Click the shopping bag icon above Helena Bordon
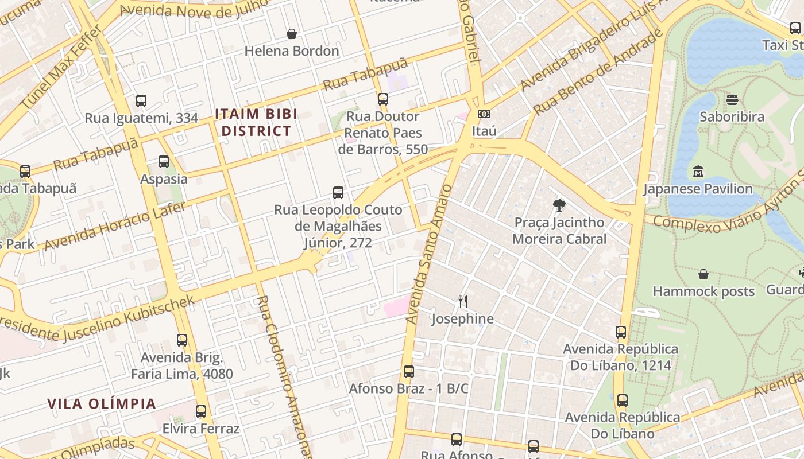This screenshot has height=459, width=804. coord(292,34)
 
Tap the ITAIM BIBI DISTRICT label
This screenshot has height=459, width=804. coord(256,122)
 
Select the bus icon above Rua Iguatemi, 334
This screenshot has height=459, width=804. coord(141,101)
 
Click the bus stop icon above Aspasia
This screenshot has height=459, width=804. coord(164,162)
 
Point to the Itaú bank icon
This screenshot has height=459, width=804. coord(484,114)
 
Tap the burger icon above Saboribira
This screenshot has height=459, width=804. coord(732,100)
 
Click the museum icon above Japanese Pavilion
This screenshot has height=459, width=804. coord(698,172)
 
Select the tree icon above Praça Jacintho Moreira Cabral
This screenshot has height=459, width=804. coord(559,205)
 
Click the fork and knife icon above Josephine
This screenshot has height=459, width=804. coord(462,301)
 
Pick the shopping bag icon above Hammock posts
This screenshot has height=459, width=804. coord(703,274)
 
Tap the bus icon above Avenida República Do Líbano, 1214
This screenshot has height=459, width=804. coord(621,332)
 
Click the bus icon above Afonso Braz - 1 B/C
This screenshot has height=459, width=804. coord(409,372)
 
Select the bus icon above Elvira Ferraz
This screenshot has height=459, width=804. coord(200,411)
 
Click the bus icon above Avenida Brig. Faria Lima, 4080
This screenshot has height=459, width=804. coord(182,340)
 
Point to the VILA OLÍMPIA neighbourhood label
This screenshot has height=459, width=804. coord(102,403)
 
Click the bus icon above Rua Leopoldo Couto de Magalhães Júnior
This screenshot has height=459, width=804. coord(338,193)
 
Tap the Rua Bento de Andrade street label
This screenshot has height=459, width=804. coord(597,72)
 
